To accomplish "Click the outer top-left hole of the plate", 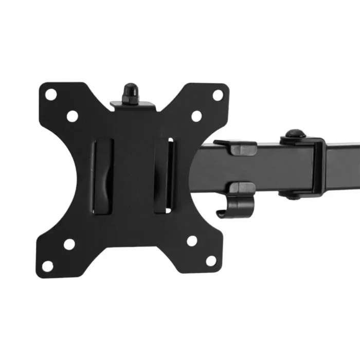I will [50, 94].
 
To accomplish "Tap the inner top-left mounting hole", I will [72, 116].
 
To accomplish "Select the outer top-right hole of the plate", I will [218, 95].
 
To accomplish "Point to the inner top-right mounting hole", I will [196, 116].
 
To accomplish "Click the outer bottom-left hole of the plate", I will [47, 266].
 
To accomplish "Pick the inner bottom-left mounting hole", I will [69, 244].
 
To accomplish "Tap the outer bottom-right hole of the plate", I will [211, 260].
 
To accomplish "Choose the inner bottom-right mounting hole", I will [192, 240].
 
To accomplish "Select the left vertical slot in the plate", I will [102, 175].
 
